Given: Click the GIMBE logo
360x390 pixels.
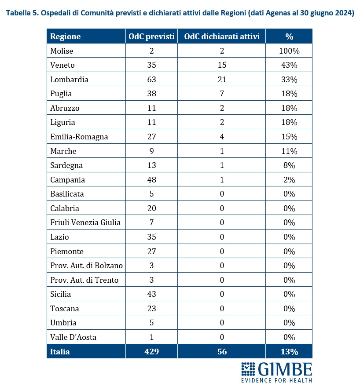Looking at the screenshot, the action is click(x=276, y=372).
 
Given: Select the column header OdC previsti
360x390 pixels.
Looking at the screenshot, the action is click(x=152, y=36).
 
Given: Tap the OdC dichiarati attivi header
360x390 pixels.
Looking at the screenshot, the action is click(x=222, y=36).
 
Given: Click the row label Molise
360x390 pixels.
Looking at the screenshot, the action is click(x=62, y=51).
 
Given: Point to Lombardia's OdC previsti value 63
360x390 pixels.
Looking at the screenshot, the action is click(x=152, y=79).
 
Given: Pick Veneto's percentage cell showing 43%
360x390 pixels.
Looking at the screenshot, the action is click(x=289, y=65).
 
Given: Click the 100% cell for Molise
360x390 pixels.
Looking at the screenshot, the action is click(x=289, y=51).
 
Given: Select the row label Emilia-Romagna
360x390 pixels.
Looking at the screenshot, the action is click(x=79, y=137).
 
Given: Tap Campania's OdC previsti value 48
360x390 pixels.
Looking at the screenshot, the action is click(x=152, y=179).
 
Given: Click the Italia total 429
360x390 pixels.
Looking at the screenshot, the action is click(x=152, y=351).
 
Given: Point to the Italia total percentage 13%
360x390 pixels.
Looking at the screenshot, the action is click(x=289, y=352).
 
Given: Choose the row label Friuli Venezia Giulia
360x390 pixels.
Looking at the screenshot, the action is click(x=85, y=222).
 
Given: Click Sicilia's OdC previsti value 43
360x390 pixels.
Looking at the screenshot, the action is click(x=152, y=294).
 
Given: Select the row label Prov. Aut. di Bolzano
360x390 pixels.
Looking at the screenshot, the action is click(x=86, y=266).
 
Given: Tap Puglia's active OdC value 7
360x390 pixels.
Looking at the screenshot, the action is click(x=222, y=94).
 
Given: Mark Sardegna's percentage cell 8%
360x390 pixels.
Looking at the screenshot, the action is click(x=289, y=165).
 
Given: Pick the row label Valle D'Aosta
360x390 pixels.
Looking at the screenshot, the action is click(x=73, y=337).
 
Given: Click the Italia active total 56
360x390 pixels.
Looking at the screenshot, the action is click(x=222, y=351).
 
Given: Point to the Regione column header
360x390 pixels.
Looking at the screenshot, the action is click(x=66, y=37).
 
